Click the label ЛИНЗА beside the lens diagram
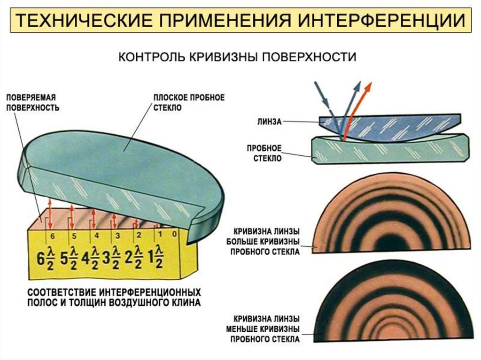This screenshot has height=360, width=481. [x=269, y=121]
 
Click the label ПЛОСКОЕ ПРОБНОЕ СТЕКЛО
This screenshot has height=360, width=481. [x=189, y=102]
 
